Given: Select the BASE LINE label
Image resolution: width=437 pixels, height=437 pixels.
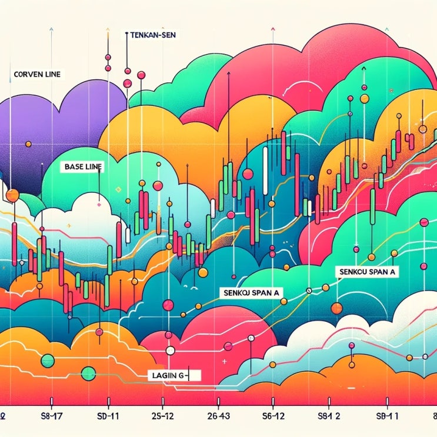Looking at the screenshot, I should (82, 166).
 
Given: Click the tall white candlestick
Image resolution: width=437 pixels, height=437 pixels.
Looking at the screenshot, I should (266, 170).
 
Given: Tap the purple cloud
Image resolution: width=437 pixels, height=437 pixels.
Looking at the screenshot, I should (47, 118).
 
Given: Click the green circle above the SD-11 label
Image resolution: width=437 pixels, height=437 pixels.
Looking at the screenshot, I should (89, 372).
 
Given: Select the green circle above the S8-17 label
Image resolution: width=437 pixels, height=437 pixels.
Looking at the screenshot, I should (48, 359).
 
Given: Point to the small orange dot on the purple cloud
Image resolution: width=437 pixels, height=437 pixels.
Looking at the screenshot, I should (28, 144).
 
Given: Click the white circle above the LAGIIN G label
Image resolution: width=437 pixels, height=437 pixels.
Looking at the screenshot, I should (171, 351).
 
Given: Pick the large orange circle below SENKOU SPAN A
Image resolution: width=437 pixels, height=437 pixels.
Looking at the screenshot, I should (336, 308).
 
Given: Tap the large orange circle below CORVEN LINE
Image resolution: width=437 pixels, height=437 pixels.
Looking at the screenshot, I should (12, 196).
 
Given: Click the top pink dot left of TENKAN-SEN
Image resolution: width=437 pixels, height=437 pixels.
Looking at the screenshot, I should (108, 57).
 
